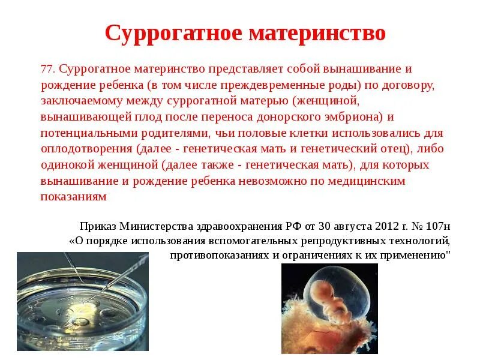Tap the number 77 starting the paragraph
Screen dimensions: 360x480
click(47, 69)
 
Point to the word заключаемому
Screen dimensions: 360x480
click(77, 101)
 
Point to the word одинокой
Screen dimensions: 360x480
click(65, 164)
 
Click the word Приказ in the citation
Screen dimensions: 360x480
click(97, 226)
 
